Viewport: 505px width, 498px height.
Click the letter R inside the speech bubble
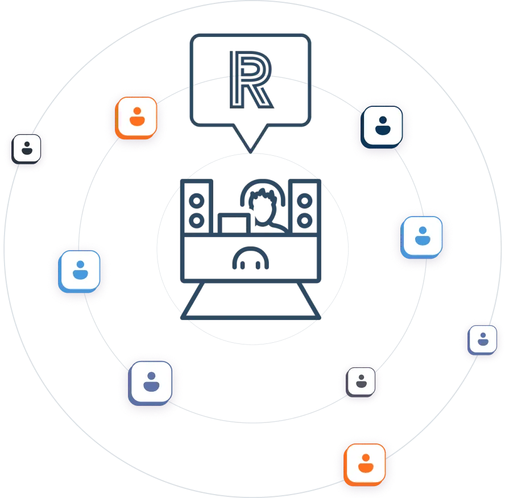pyautogui.click(x=251, y=80)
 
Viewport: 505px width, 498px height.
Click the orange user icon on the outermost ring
pyautogui.click(x=365, y=460)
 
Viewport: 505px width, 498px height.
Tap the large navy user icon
pyautogui.click(x=382, y=125)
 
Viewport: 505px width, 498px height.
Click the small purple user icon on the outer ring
pyautogui.click(x=483, y=339)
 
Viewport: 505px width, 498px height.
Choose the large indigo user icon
pyautogui.click(x=150, y=380)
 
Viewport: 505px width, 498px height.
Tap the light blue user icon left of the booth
pyautogui.click(x=80, y=269)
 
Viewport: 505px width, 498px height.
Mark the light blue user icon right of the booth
pyautogui.click(x=422, y=235)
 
